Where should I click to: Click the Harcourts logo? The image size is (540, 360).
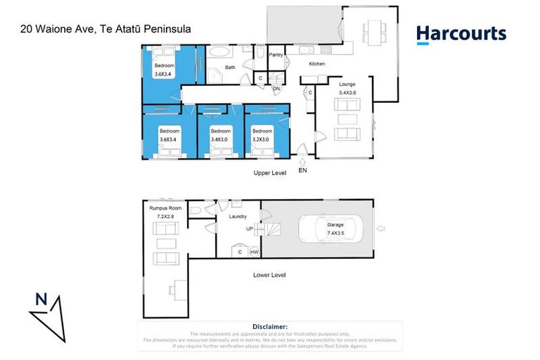point(461,34)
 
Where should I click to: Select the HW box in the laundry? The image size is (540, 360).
point(253,251)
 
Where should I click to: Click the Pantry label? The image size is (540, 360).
point(276,54)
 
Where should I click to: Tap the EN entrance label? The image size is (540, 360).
point(302,170)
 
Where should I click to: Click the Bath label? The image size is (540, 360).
point(230,67)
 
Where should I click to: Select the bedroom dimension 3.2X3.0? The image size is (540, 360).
point(262,139)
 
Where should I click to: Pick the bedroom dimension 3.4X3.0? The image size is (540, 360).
point(221,139)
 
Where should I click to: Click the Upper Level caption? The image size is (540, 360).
point(269,173)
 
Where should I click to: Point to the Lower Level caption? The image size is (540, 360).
point(269,275)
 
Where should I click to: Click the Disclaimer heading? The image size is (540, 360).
point(270,327)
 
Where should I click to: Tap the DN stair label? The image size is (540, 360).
point(276,89)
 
